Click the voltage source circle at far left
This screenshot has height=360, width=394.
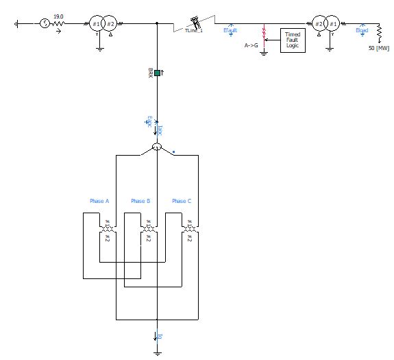pyautogui.click(x=45, y=23)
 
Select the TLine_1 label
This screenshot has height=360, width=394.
pyautogui.click(x=195, y=31)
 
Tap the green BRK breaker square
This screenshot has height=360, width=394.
pyautogui.click(x=157, y=73)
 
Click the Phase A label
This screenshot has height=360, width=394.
pyautogui.click(x=99, y=201)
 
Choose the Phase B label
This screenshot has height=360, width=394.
pyautogui.click(x=140, y=201)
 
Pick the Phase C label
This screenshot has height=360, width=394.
pyautogui.click(x=181, y=201)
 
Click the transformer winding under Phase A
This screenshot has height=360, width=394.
pyautogui.click(x=107, y=229)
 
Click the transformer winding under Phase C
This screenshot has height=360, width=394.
pyautogui.click(x=189, y=229)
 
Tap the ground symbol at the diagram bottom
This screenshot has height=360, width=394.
pyautogui.click(x=157, y=353)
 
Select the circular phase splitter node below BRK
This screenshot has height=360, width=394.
pyautogui.click(x=156, y=148)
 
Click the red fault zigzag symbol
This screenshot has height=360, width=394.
pyautogui.click(x=264, y=35)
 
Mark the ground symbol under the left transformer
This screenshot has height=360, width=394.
pyautogui.click(x=99, y=48)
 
